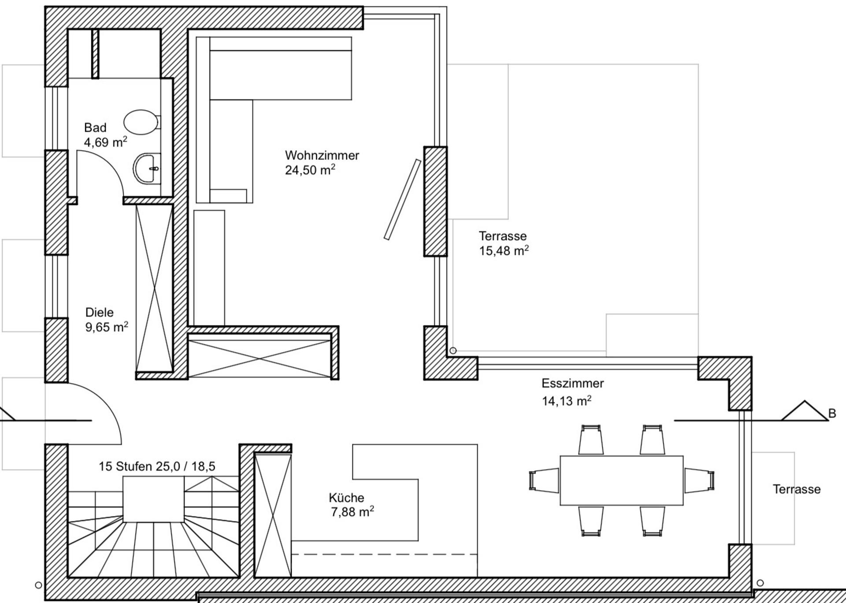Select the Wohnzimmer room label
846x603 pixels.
pyautogui.click(x=322, y=155)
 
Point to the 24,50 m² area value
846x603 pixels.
pyautogui.click(x=310, y=170)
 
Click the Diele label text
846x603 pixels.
pyautogui.click(x=99, y=313)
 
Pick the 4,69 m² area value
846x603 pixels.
pyautogui.click(x=106, y=142)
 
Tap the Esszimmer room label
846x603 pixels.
pyautogui.click(x=572, y=383)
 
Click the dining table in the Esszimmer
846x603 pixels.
pyautogui.click(x=621, y=480)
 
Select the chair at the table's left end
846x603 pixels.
pyautogui.click(x=544, y=480)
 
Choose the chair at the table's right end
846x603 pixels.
pyautogui.click(x=699, y=480)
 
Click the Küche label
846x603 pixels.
pyautogui.click(x=346, y=498)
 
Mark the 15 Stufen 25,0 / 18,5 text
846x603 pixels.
pyautogui.click(x=157, y=466)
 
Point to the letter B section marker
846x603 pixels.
pyautogui.click(x=832, y=413)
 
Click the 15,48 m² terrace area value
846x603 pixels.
pyautogui.click(x=504, y=250)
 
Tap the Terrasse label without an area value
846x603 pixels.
pyautogui.click(x=797, y=489)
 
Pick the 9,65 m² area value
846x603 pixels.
pyautogui.click(x=107, y=327)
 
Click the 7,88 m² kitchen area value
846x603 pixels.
pyautogui.click(x=352, y=512)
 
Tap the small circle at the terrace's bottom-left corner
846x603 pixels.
pyautogui.click(x=453, y=351)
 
